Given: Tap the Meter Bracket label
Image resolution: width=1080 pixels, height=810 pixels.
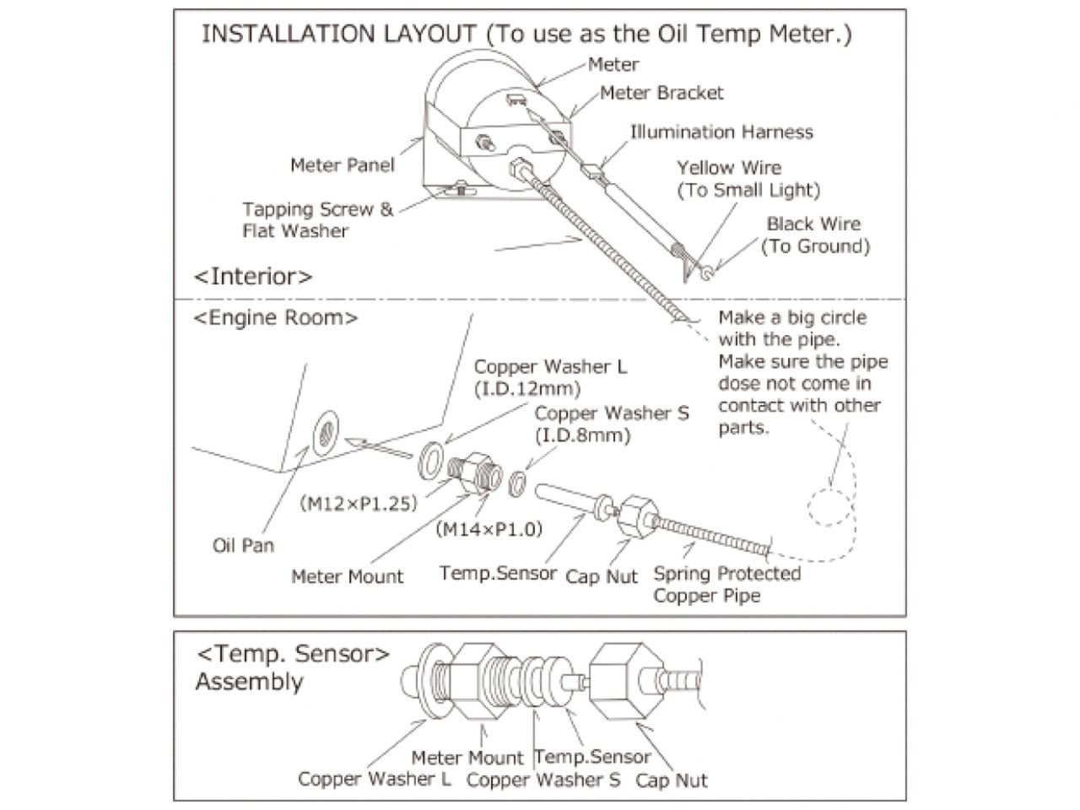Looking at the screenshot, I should [x=661, y=92].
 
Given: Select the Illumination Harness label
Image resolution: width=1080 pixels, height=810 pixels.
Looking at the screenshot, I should [x=721, y=132].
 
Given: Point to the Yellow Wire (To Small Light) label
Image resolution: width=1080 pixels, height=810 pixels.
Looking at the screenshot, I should [x=748, y=179].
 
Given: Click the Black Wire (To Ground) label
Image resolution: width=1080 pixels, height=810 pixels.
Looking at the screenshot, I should [x=814, y=235].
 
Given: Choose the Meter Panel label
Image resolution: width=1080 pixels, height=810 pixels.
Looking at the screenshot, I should [x=342, y=165].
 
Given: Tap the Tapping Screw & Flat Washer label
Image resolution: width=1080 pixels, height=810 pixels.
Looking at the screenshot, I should [x=317, y=219].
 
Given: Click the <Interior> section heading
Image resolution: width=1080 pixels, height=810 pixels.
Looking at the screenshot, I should [x=253, y=277].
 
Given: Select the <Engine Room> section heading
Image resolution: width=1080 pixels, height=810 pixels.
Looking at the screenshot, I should [x=276, y=318].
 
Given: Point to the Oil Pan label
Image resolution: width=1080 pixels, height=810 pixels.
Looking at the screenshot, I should [x=243, y=545].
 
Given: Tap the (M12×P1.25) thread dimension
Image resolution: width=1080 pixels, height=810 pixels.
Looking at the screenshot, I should [x=359, y=504].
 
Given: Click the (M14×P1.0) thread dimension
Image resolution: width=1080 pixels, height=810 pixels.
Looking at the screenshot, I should [x=489, y=529].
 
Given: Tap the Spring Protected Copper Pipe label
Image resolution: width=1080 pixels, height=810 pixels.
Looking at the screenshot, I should [x=726, y=585].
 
